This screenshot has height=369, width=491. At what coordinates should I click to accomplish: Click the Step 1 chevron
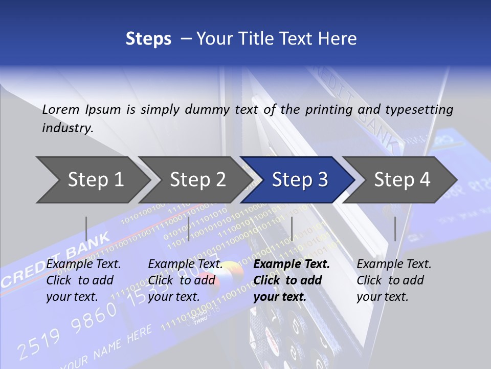tap(95, 180)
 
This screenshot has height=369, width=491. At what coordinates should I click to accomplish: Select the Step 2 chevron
tap(197, 180)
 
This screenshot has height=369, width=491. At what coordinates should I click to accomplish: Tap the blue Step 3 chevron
tap(299, 180)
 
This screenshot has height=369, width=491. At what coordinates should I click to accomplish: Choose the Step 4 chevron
tap(401, 180)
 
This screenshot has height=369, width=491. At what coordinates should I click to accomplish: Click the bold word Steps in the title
tap(148, 38)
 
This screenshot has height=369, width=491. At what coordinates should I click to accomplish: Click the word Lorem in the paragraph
tap(61, 109)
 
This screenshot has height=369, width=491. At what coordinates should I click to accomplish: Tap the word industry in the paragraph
tap(67, 128)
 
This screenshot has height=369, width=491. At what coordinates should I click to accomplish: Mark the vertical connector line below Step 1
tap(86, 229)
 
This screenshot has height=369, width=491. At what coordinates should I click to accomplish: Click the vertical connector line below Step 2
tap(189, 229)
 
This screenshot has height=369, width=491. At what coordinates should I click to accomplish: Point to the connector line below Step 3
tap(292, 229)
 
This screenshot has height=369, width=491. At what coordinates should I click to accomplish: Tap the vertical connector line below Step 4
tap(395, 229)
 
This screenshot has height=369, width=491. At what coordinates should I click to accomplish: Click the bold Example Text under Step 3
tap(292, 264)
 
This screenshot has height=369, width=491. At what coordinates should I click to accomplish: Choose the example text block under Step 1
tap(83, 280)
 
